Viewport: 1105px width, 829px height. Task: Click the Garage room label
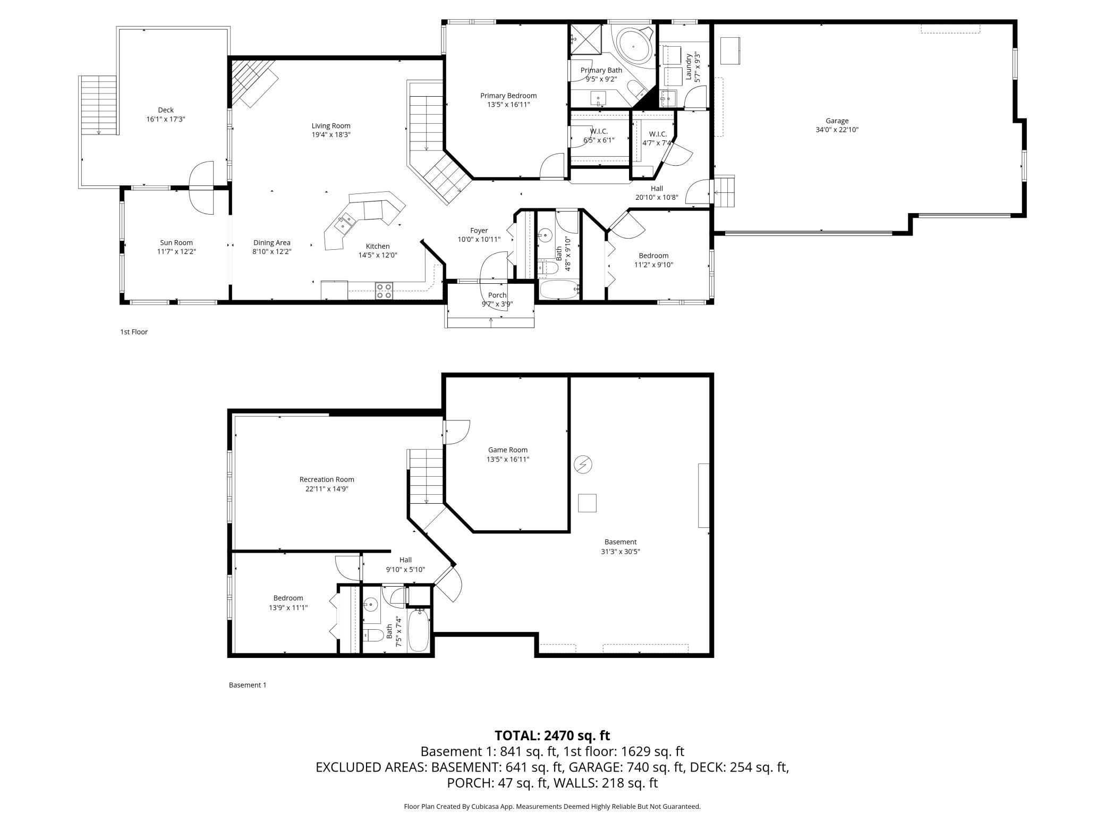pyautogui.click(x=837, y=121)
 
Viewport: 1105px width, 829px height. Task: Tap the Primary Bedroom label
pyautogui.click(x=508, y=96)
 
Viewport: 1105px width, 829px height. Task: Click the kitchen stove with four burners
pyautogui.click(x=384, y=291)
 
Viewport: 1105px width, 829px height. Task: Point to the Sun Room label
pyautogui.click(x=176, y=243)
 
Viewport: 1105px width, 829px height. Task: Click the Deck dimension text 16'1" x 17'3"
pyautogui.click(x=166, y=119)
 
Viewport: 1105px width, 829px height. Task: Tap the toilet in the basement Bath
pyautogui.click(x=373, y=635)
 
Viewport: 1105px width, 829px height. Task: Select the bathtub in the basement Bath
pyautogui.click(x=419, y=631)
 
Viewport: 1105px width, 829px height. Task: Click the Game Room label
pyautogui.click(x=508, y=450)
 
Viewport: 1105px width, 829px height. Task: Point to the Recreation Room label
pyautogui.click(x=327, y=479)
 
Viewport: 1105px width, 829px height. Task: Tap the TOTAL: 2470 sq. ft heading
pyautogui.click(x=552, y=735)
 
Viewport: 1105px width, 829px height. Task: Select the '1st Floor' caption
pyautogui.click(x=134, y=332)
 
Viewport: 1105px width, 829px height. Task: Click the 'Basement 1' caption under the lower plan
pyautogui.click(x=248, y=685)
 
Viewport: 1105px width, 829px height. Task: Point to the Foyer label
pyautogui.click(x=479, y=231)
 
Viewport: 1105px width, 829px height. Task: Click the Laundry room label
pyautogui.click(x=689, y=66)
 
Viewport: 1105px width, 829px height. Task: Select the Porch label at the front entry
pyautogui.click(x=497, y=295)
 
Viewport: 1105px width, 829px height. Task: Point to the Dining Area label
pyautogui.click(x=272, y=243)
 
